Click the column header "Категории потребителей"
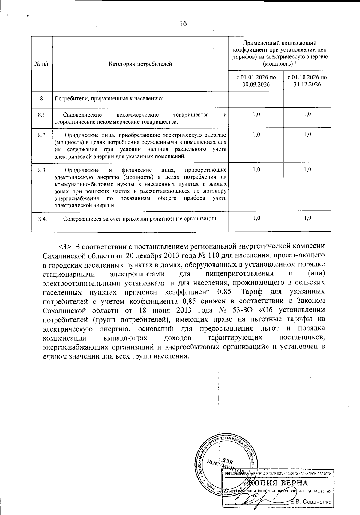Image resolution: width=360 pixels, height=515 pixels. [140, 64]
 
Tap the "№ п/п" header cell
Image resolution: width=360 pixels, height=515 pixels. [42, 64]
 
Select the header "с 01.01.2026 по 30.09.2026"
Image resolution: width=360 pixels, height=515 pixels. [256, 81]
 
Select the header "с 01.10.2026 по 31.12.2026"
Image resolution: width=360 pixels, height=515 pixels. [307, 81]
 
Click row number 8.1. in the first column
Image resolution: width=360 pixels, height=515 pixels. [42, 115]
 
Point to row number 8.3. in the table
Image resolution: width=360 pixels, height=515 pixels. [42, 170]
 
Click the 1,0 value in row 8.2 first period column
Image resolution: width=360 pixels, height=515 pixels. [256, 134]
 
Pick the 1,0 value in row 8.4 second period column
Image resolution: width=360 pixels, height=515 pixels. [307, 218]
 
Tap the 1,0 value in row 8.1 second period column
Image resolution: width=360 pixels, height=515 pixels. [307, 114]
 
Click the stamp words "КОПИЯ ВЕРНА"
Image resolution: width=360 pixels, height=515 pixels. [278, 483]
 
